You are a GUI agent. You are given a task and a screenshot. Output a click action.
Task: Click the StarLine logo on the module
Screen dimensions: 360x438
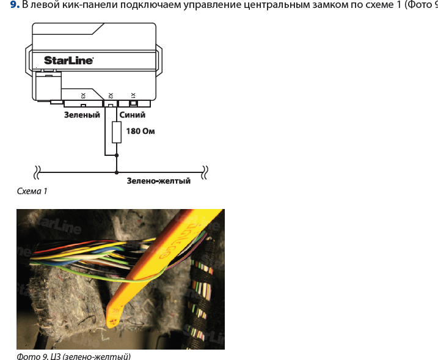68,60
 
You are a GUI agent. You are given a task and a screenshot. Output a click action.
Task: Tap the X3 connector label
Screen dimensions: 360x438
83,95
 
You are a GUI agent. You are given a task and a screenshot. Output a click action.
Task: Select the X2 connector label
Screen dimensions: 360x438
110,95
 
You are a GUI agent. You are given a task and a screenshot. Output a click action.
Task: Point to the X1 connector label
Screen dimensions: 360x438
133,95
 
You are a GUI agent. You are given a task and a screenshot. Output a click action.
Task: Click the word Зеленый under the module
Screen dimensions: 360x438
82,114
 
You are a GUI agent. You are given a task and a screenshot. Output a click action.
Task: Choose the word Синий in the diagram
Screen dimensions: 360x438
133,114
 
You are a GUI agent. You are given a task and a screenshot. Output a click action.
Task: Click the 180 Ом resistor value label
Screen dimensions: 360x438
140,131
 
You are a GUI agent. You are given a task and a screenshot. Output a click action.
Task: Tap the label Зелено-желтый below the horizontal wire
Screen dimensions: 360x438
158,181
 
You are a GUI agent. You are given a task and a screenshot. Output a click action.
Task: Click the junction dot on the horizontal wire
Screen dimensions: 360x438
117,171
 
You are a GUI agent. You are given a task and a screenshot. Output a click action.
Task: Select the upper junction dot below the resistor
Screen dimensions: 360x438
117,155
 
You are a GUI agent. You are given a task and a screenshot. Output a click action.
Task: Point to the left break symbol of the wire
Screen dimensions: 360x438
37,171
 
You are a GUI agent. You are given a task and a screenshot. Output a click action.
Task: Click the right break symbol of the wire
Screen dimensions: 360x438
206,171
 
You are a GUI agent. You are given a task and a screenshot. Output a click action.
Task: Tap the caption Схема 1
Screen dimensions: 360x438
32,191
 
